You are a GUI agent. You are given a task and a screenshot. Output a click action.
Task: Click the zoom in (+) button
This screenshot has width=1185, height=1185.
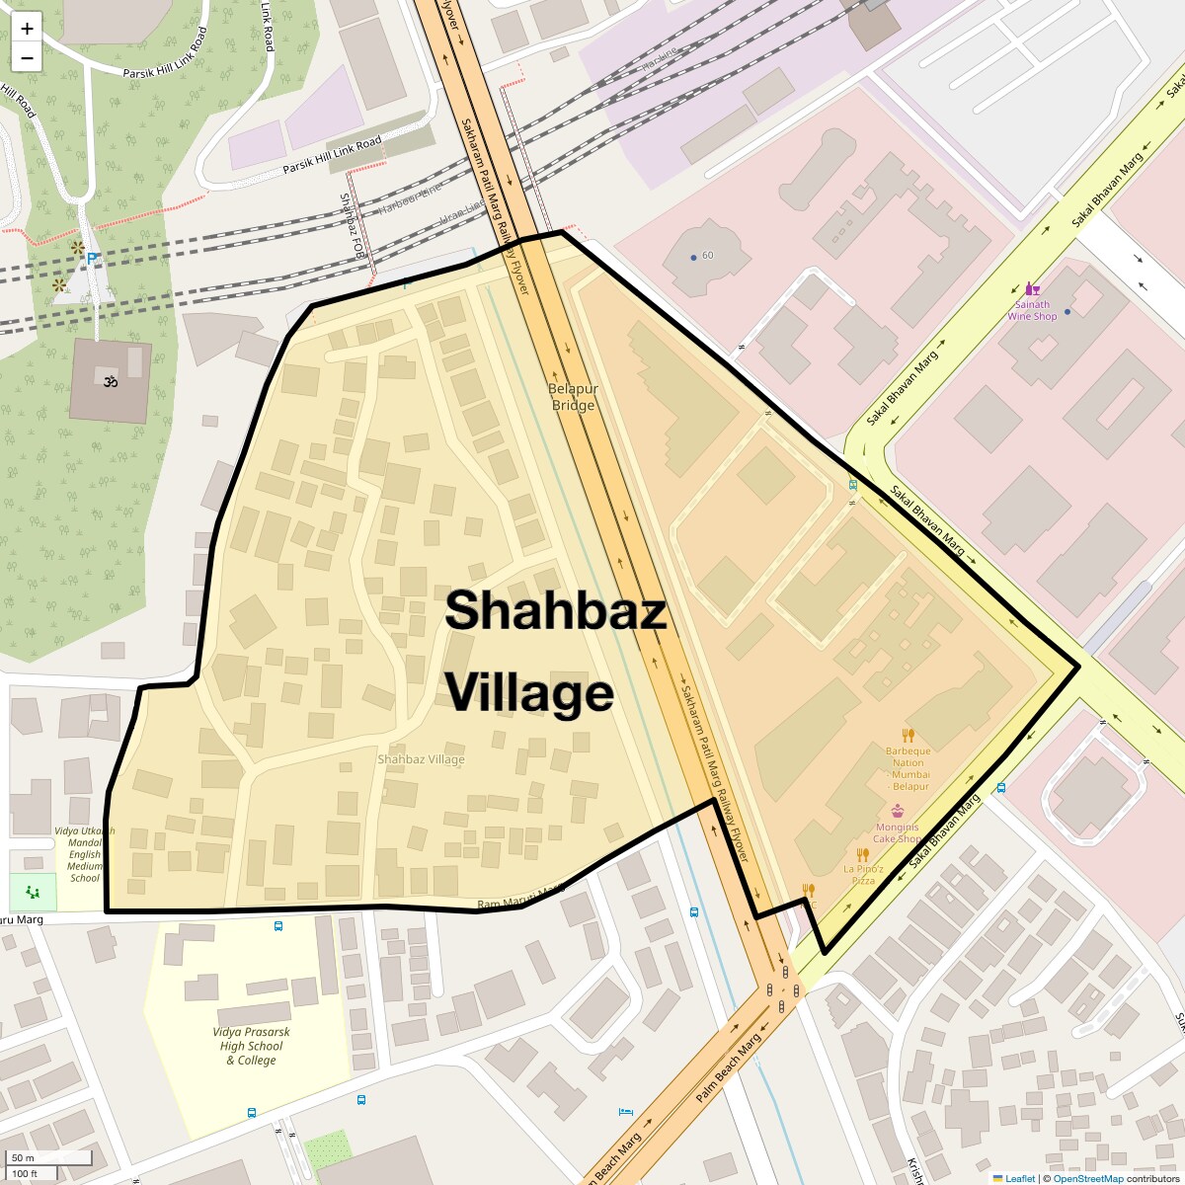pos(27,28)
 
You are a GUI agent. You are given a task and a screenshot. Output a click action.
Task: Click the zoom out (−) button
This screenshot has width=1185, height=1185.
pos(27,57)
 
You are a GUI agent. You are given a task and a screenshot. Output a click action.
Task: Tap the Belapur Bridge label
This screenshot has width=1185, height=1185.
pos(573,397)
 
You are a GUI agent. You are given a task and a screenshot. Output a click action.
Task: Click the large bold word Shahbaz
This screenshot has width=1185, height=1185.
pos(555,610)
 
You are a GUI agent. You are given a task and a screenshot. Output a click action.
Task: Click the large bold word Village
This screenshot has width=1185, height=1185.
pos(529,692)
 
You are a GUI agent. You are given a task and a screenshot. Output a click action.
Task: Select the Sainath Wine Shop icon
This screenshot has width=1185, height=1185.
pos(1032,289)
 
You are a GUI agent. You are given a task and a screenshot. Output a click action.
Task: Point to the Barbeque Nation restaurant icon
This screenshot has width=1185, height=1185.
pos(908,735)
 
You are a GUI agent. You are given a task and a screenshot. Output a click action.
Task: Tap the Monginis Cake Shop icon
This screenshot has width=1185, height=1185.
pos(897,812)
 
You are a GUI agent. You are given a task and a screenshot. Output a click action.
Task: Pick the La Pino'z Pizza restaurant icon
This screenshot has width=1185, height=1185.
pos(862,855)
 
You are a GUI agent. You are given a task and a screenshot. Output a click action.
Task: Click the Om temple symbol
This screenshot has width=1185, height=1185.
pos(110,379)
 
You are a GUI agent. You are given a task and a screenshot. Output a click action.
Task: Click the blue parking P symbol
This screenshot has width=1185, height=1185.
pos(93,259)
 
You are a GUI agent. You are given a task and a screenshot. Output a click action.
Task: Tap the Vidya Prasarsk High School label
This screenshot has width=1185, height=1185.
pos(251,1046)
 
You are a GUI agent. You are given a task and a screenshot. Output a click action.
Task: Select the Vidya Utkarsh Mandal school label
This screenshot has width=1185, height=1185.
pos(85,854)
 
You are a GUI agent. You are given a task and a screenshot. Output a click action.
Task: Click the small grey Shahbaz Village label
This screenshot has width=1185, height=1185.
pos(421,759)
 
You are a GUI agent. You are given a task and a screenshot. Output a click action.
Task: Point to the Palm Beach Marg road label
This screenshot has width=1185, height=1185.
pos(730,1068)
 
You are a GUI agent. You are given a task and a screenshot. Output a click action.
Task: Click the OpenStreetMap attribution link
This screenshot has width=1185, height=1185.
pos(1087,1178)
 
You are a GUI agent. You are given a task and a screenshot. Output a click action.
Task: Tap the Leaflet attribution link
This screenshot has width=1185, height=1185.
pos(1018,1178)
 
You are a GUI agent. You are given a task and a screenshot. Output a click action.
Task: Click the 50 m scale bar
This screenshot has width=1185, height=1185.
pos(49,1157)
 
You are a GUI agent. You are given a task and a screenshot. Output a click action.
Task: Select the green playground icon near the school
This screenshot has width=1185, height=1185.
pos(34,892)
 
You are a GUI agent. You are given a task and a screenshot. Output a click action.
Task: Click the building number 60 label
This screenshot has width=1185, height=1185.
pos(707,256)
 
